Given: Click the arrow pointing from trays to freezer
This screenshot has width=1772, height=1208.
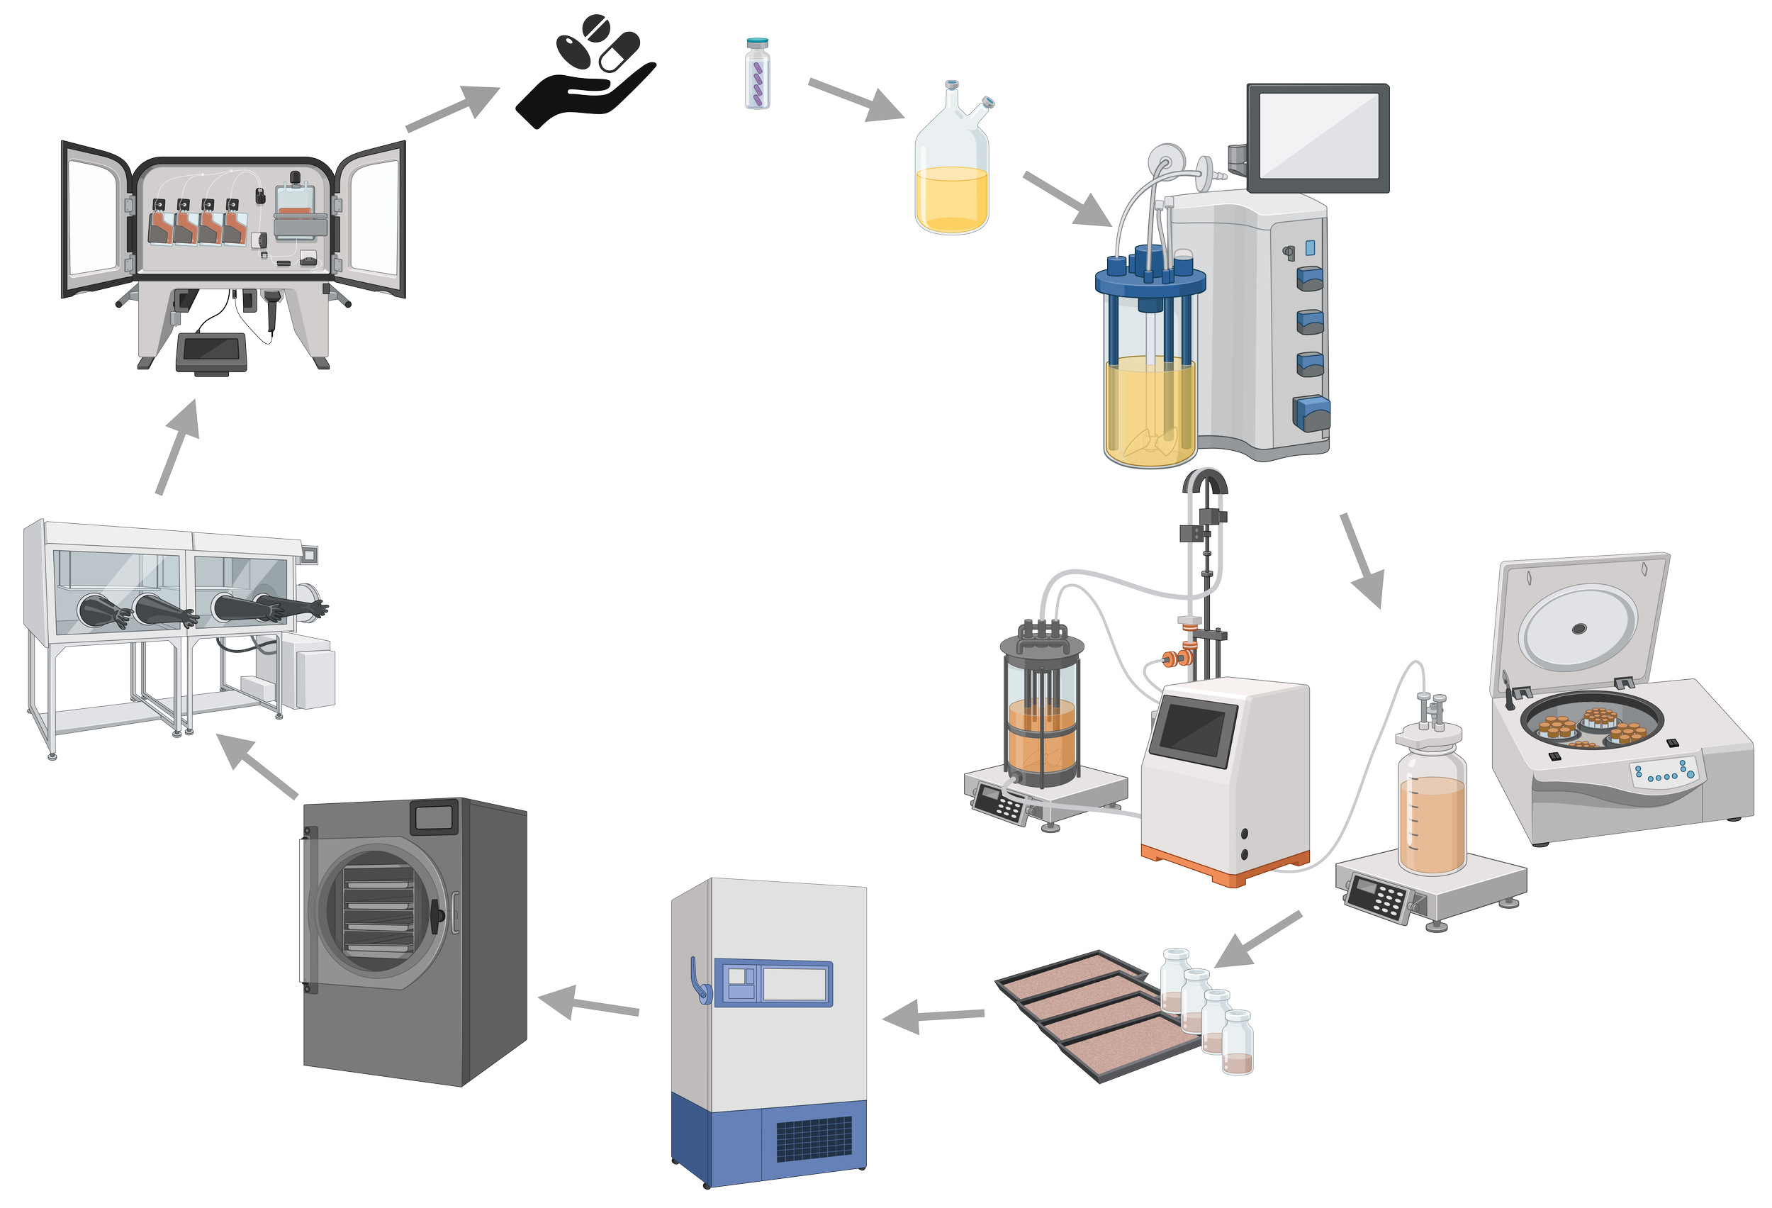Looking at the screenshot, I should [934, 1017].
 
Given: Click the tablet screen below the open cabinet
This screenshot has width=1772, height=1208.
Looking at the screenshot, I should [211, 350].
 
